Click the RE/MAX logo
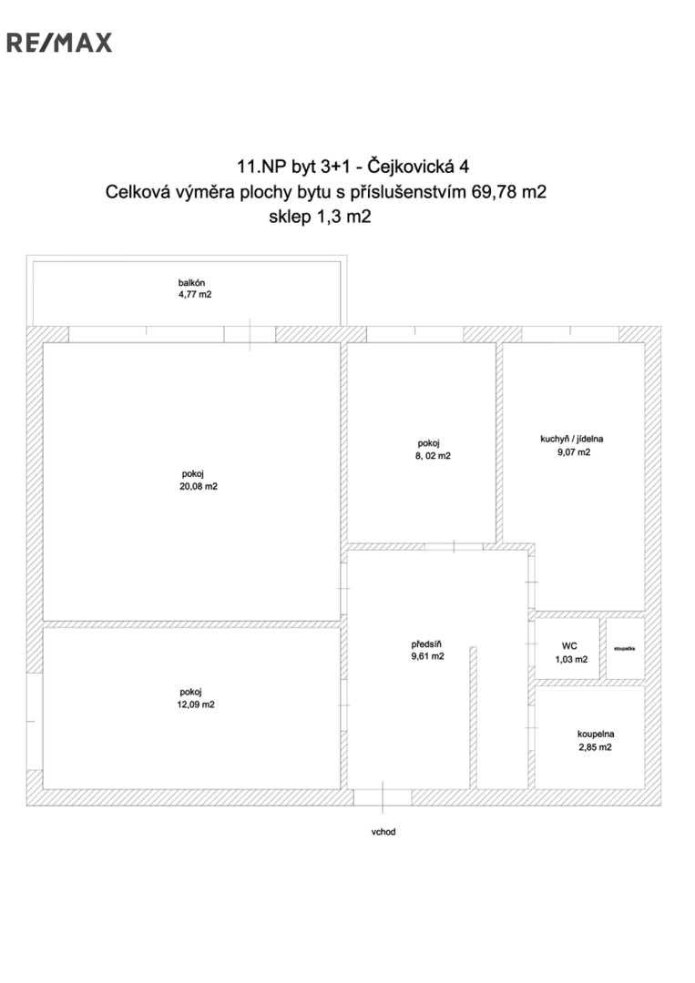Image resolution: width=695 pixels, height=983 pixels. (59, 43)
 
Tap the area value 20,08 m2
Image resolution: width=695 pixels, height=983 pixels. (199, 486)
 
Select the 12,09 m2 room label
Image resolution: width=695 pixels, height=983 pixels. (196, 704)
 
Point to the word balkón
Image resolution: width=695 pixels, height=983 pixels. (191, 283)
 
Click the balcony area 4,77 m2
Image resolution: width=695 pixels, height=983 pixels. (195, 295)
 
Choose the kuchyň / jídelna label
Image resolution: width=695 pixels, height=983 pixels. (571, 440)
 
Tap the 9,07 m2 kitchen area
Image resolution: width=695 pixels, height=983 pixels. (574, 452)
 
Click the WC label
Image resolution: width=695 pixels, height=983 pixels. (569, 645)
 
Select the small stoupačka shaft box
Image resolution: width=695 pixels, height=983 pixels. (626, 649)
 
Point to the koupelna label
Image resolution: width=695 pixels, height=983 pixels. (596, 735)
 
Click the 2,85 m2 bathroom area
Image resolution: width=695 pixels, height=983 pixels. (596, 747)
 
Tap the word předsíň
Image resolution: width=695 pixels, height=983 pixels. (426, 644)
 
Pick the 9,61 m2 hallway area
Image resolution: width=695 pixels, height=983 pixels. (428, 656)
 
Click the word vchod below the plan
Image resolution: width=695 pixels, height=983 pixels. (383, 832)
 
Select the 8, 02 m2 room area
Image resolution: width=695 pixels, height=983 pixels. (433, 456)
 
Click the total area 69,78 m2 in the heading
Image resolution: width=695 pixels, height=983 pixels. (508, 192)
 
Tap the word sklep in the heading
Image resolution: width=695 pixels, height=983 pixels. (290, 218)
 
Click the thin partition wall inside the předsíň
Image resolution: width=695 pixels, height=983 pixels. (474, 718)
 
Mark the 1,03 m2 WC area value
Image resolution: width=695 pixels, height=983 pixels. (571, 660)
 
